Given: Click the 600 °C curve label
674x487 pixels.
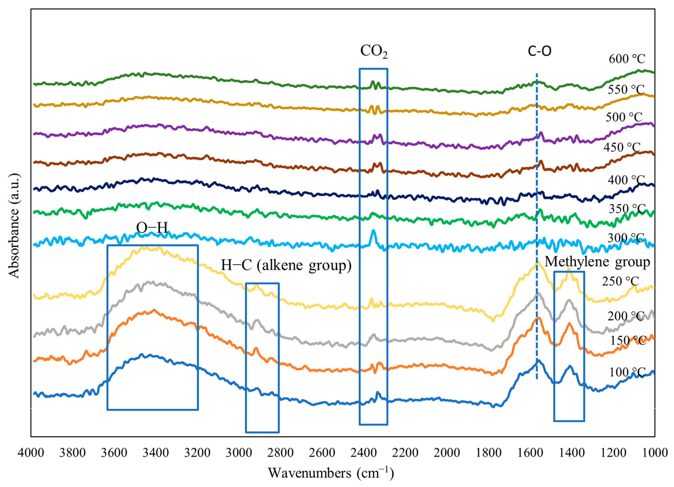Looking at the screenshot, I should click(627, 59).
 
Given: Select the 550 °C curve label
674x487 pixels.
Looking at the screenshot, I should click(626, 89).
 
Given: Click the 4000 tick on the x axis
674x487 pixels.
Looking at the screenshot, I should click(31, 453).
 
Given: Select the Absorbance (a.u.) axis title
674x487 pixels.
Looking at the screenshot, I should click(14, 226).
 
